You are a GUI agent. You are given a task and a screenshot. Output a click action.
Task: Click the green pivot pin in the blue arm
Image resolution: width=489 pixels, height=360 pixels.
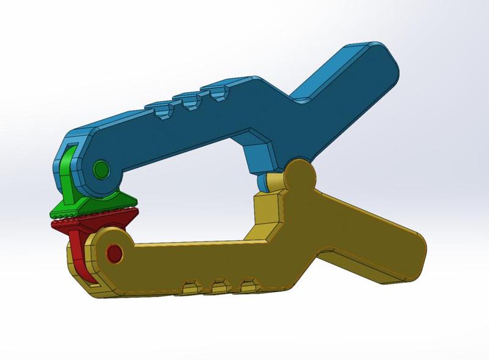100,169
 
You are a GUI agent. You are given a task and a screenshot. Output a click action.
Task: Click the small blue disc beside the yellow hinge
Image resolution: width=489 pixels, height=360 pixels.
265,182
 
